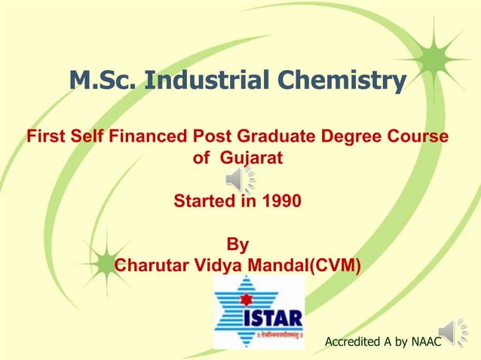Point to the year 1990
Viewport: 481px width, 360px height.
[280, 202]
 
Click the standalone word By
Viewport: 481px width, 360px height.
[237, 246]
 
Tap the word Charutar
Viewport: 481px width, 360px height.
[154, 266]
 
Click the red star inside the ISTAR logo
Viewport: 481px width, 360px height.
[244, 299]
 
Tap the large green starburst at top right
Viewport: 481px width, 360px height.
[431, 58]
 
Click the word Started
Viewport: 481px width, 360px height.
[203, 202]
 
